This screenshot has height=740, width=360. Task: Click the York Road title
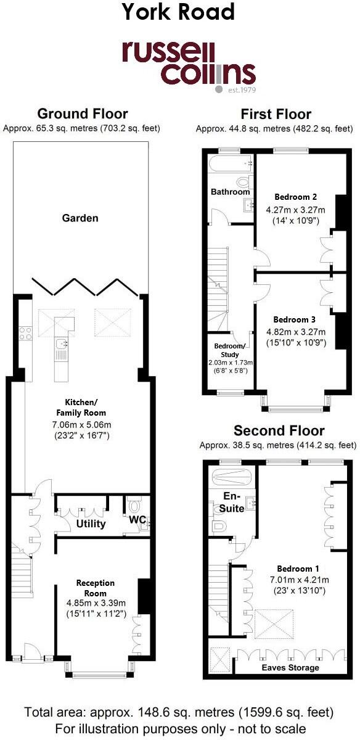[179, 12]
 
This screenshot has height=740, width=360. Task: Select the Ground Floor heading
[83, 114]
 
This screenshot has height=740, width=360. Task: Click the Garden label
[80, 218]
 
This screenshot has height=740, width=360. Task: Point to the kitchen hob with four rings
[27, 333]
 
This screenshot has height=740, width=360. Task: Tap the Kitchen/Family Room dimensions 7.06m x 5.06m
[81, 425]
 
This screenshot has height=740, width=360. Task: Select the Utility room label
[91, 524]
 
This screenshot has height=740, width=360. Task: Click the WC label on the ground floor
[137, 520]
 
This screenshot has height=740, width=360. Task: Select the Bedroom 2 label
[295, 197]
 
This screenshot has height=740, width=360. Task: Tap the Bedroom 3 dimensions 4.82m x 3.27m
[295, 331]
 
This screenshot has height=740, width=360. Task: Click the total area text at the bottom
[179, 713]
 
